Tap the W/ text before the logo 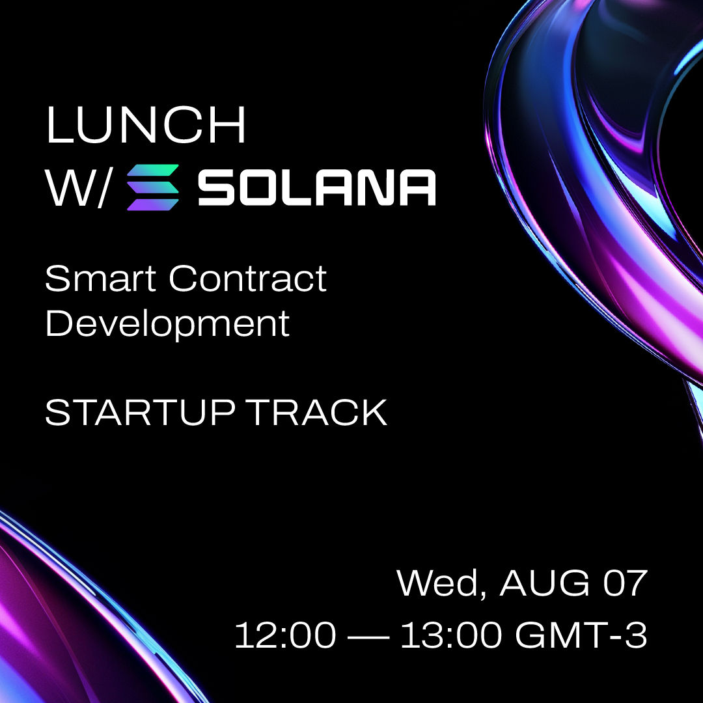[77, 188]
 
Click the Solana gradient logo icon [153, 187]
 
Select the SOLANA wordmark [316, 187]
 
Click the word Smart [100, 279]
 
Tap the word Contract [248, 279]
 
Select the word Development [167, 324]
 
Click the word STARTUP [141, 413]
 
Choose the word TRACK [317, 413]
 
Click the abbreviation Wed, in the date [442, 584]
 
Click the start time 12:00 [286, 635]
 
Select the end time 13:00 [451, 635]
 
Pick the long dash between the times [368, 636]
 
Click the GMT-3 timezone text [581, 635]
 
